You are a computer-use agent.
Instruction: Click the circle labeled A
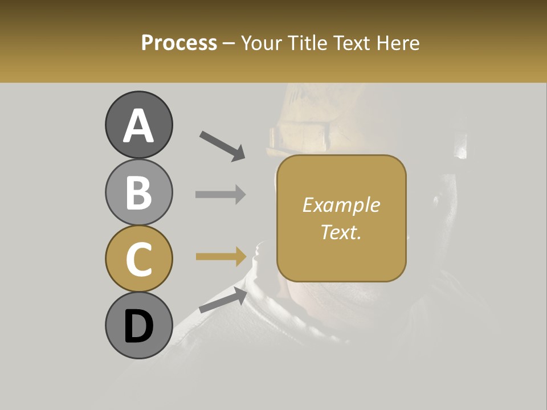coord(138,125)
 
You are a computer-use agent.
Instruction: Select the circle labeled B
coord(138,192)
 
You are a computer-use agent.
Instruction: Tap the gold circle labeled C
coord(138,259)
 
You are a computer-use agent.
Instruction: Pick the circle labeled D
coord(138,325)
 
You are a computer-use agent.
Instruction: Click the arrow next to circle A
coord(222,146)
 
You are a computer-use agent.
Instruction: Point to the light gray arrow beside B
coord(221,194)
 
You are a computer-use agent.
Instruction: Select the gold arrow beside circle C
coord(221,256)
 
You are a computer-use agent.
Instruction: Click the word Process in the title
coord(179,43)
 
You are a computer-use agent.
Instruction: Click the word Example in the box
coord(341,205)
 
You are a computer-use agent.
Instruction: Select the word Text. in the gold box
coord(341,232)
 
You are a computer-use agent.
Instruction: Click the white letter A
coord(138,125)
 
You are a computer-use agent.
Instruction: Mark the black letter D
coord(138,326)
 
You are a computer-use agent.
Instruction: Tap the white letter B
coord(138,192)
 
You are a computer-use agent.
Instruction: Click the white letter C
coord(138,259)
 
